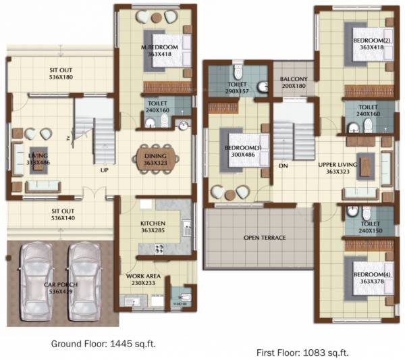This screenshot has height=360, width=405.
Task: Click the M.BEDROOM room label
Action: click(160, 47)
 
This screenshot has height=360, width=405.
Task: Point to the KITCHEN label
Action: click(153, 223)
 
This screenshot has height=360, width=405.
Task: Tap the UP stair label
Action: click(105, 170)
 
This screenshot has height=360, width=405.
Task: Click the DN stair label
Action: click(283, 165)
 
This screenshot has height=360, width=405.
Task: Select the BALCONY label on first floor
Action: click(294, 79)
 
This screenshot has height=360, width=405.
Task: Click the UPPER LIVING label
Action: click(337, 164)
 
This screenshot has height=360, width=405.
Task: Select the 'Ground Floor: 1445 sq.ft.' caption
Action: click(103, 344)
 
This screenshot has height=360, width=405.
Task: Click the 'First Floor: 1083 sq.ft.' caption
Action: click(302, 353)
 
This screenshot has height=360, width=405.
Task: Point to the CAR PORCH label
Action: click(60, 285)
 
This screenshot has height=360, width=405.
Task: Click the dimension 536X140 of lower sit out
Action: click(63, 218)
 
